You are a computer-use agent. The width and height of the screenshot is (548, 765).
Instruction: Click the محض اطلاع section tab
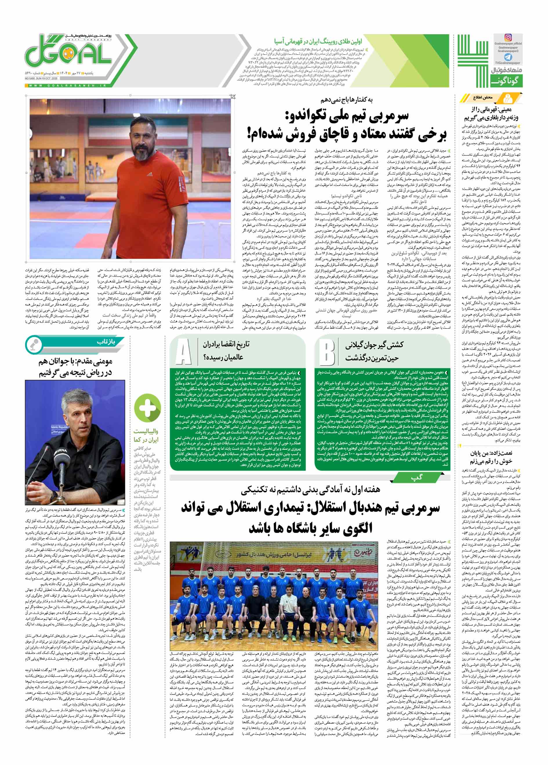coord(490,98)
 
